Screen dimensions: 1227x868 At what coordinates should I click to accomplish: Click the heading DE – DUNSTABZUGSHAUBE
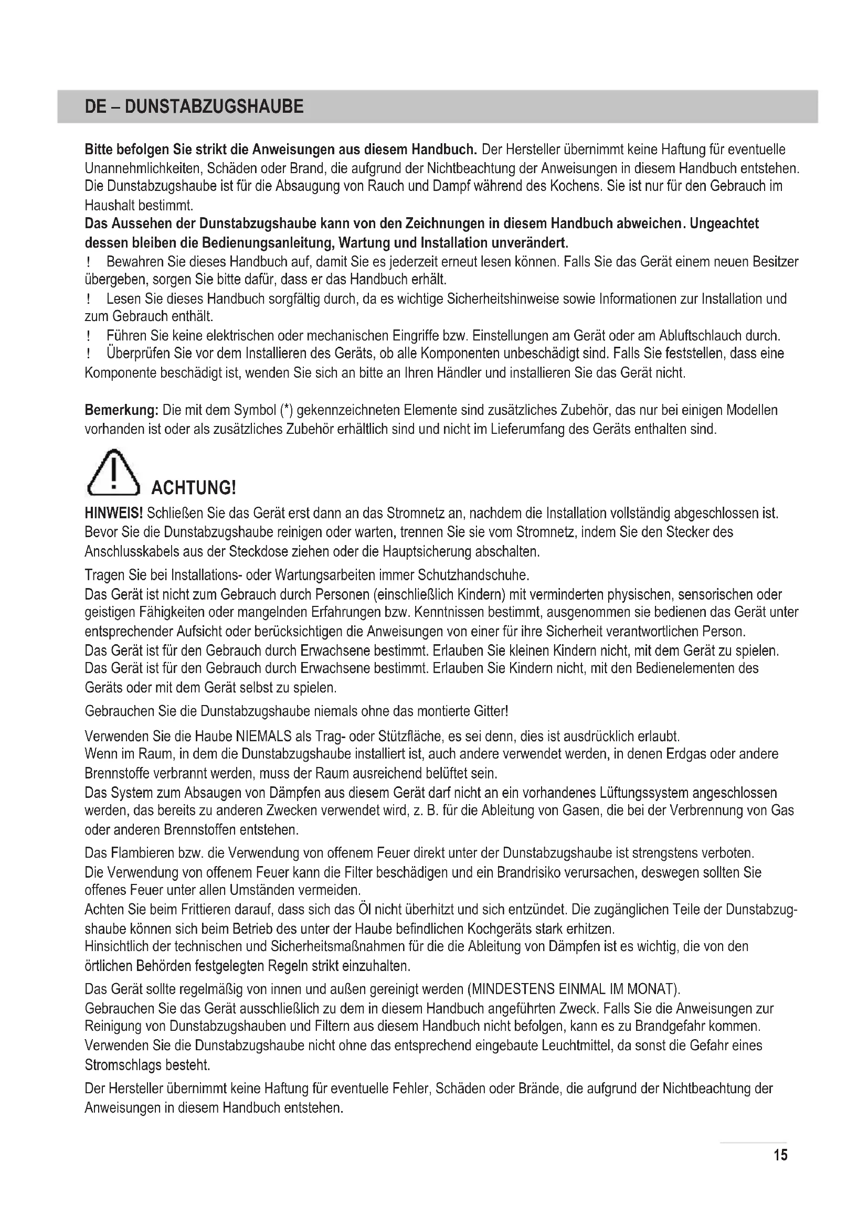click(194, 106)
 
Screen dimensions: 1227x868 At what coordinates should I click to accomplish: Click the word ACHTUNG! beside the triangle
click(194, 487)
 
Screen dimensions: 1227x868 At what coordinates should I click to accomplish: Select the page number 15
click(780, 1155)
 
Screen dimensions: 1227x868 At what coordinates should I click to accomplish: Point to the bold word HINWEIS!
click(114, 514)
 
